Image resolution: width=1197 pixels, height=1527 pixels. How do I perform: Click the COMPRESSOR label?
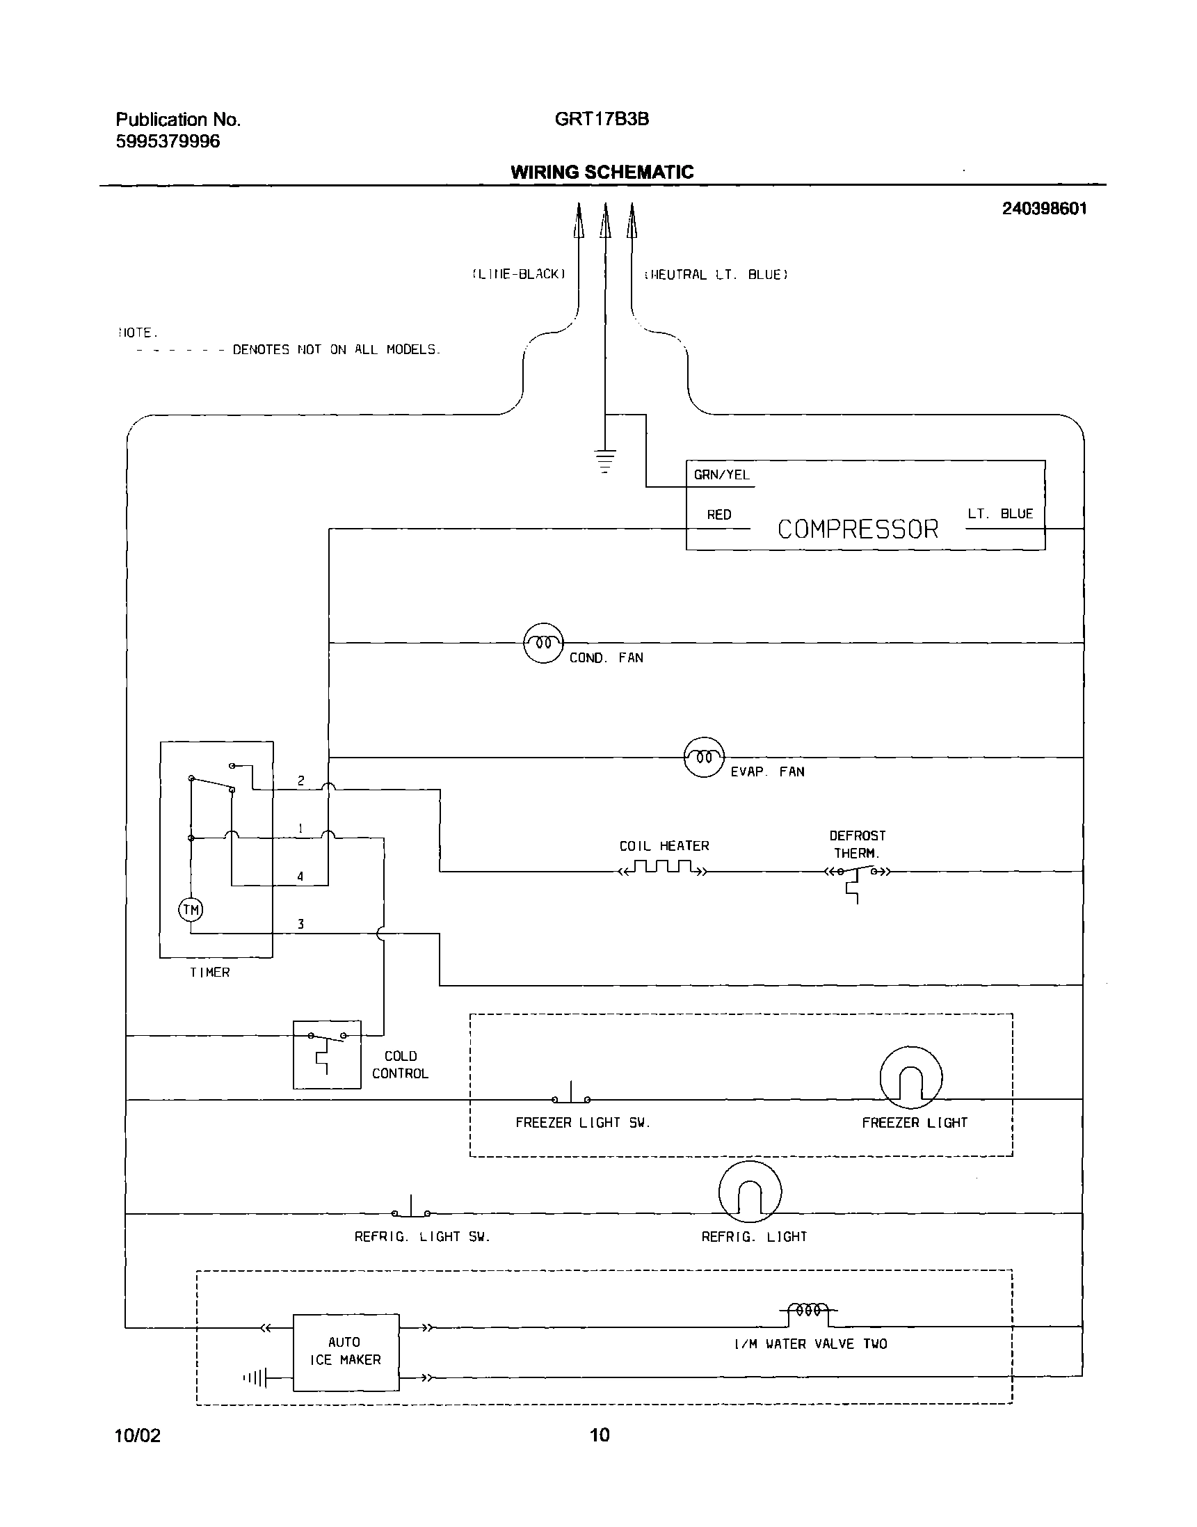[x=857, y=529]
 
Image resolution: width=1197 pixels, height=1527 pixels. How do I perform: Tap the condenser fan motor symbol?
[x=543, y=643]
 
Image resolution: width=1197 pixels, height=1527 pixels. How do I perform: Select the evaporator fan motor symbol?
[x=704, y=757]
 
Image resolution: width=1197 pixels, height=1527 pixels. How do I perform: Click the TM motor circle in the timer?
[x=191, y=910]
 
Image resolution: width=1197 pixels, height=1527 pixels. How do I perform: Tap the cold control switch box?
[x=327, y=1054]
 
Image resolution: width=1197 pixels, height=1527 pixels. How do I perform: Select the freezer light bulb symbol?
[x=910, y=1078]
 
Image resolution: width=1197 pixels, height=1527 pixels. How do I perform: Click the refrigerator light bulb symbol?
[x=749, y=1192]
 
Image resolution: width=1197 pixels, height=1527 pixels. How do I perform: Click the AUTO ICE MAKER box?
[x=346, y=1352]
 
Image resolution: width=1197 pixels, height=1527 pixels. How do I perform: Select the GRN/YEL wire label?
[x=721, y=475]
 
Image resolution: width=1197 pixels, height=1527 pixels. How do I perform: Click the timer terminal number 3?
[x=300, y=925]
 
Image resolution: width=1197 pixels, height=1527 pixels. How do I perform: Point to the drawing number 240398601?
[x=1044, y=208]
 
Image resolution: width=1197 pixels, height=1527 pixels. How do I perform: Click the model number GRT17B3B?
[x=602, y=119]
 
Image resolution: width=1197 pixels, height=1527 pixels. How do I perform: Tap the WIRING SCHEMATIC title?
[x=602, y=172]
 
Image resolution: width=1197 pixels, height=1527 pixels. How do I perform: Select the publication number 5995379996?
[x=168, y=141]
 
